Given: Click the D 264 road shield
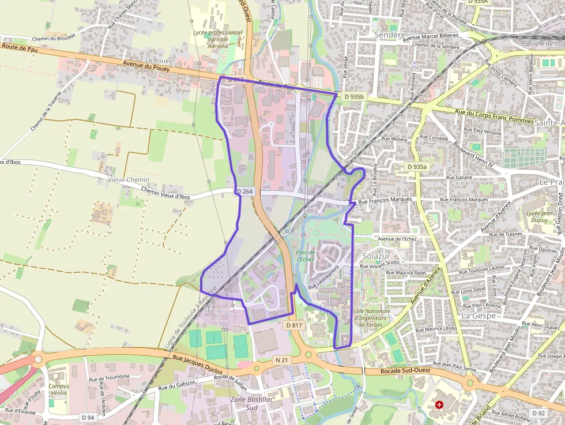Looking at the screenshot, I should tap(244, 191).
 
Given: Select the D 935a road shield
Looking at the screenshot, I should tap(417, 167).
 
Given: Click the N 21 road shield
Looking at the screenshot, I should tap(281, 360).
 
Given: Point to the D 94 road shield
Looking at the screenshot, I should tap(88, 417).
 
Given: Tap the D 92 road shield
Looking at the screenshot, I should tap(538, 413).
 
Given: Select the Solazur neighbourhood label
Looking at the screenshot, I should tap(376, 255).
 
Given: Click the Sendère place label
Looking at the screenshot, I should tap(391, 35).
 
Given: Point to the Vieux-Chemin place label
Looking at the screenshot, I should tap(129, 180).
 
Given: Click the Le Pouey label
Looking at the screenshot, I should tap(159, 61).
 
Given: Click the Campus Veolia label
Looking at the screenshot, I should tap(59, 389).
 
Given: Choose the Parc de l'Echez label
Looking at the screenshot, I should tap(304, 256).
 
